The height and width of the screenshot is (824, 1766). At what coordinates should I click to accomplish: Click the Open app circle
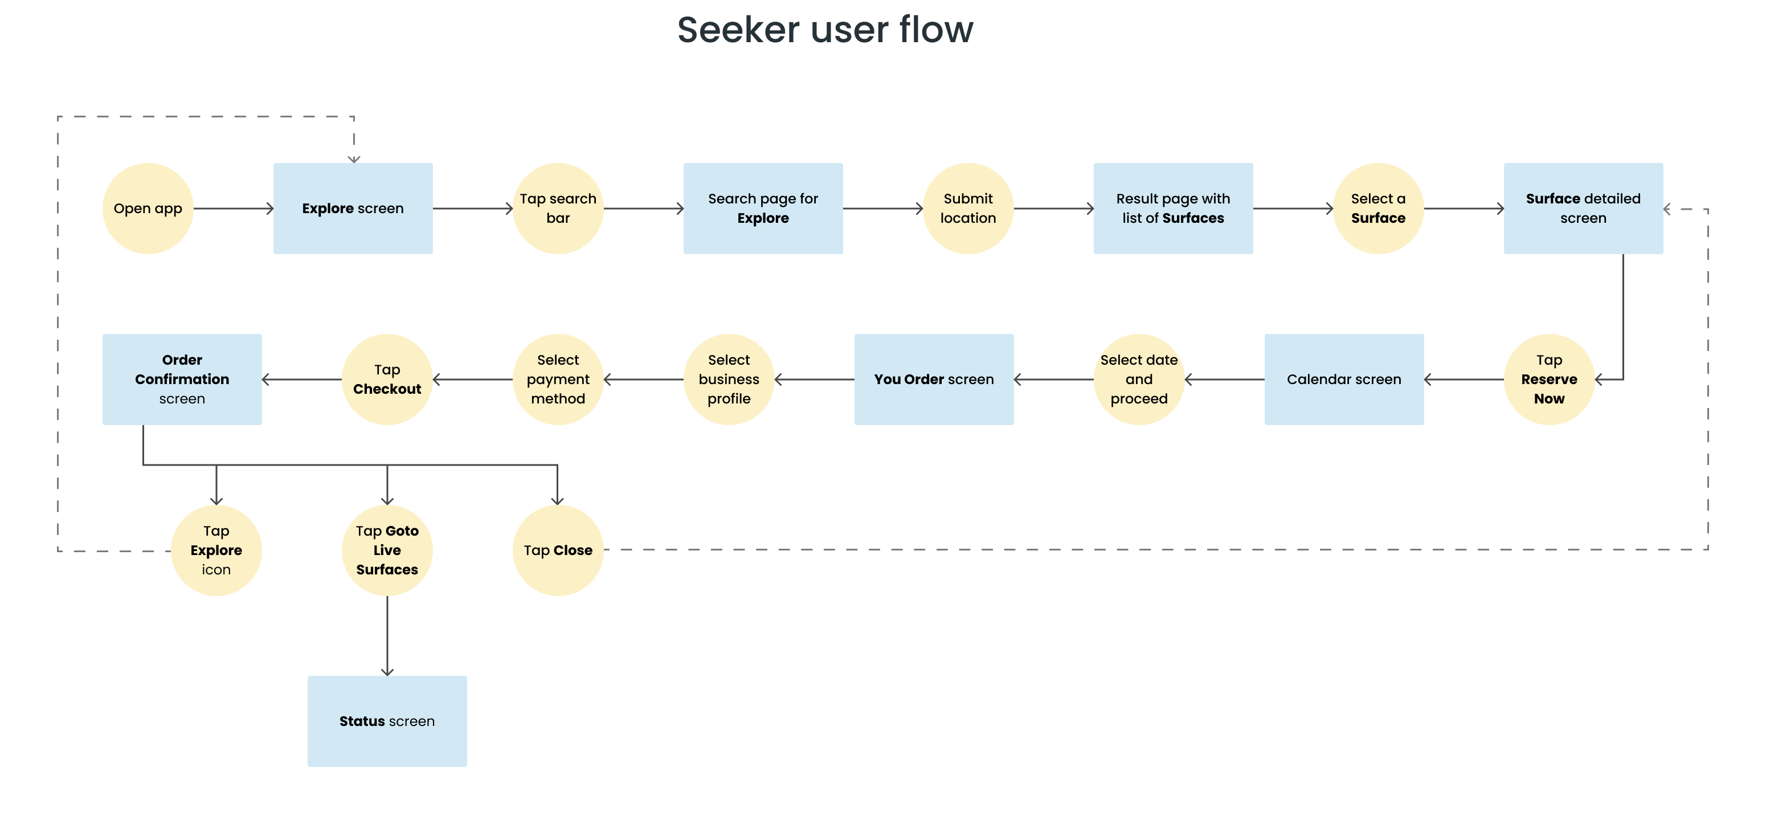click(x=148, y=209)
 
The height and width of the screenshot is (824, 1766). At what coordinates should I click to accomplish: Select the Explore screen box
click(x=353, y=209)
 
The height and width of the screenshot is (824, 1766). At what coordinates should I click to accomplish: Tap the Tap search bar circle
click(x=558, y=209)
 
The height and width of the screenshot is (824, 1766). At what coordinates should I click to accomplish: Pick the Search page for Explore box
click(x=763, y=209)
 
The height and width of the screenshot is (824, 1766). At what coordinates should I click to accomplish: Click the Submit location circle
click(x=968, y=209)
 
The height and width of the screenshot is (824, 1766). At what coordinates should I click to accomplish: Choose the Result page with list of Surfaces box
click(x=1173, y=209)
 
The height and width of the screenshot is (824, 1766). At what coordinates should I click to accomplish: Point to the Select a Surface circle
click(x=1378, y=209)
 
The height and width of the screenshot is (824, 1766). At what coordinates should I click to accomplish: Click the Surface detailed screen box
click(x=1583, y=209)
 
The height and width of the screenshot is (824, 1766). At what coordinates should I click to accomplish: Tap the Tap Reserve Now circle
click(x=1549, y=379)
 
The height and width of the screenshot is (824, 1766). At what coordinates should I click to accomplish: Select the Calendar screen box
click(x=1344, y=379)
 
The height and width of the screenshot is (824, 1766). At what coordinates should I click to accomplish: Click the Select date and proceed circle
click(x=1139, y=379)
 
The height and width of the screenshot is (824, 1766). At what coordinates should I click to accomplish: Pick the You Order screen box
click(x=934, y=379)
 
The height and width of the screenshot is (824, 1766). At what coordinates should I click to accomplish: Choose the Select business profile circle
click(x=729, y=379)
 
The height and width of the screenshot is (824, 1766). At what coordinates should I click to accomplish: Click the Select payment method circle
click(x=558, y=379)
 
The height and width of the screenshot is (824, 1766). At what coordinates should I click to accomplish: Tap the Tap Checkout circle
click(x=387, y=379)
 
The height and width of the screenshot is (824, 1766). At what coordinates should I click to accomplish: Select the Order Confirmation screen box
click(x=182, y=379)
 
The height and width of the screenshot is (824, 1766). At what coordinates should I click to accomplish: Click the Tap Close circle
click(x=558, y=550)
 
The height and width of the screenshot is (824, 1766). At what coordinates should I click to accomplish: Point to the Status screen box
click(x=387, y=721)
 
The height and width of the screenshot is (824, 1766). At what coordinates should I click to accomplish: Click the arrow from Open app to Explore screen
click(x=234, y=209)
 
